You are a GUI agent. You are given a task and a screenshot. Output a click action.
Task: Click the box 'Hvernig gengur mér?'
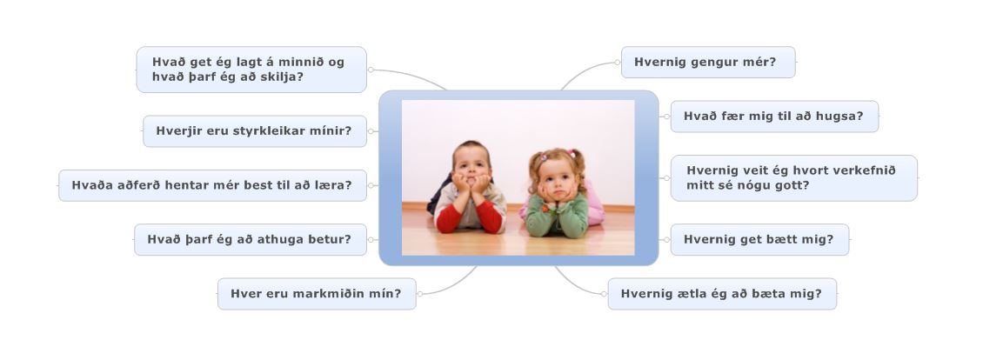(x=708, y=62)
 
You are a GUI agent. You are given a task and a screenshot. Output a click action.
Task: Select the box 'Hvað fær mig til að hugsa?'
(x=774, y=117)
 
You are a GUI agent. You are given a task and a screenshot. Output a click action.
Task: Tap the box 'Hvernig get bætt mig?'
(x=759, y=240)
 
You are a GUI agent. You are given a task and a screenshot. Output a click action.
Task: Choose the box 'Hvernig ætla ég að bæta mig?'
(x=722, y=294)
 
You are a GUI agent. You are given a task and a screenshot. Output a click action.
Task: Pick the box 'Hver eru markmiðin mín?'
(x=317, y=294)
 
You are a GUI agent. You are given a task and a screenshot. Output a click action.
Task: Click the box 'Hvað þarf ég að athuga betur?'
(x=251, y=240)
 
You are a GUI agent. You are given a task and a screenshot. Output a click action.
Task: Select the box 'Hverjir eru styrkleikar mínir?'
(x=255, y=131)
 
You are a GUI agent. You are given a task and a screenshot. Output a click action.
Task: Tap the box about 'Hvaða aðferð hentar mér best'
(x=212, y=185)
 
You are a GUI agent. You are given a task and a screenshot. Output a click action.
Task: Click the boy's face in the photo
(x=471, y=165)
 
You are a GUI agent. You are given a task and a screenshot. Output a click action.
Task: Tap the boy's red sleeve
(x=490, y=215)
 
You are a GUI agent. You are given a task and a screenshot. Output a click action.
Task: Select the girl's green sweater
(x=557, y=217)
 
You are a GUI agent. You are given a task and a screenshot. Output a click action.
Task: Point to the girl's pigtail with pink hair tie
(x=576, y=160)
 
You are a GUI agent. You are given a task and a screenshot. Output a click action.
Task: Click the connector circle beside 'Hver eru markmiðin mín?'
(x=419, y=294)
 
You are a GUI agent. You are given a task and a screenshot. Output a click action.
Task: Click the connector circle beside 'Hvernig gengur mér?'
(x=618, y=63)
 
